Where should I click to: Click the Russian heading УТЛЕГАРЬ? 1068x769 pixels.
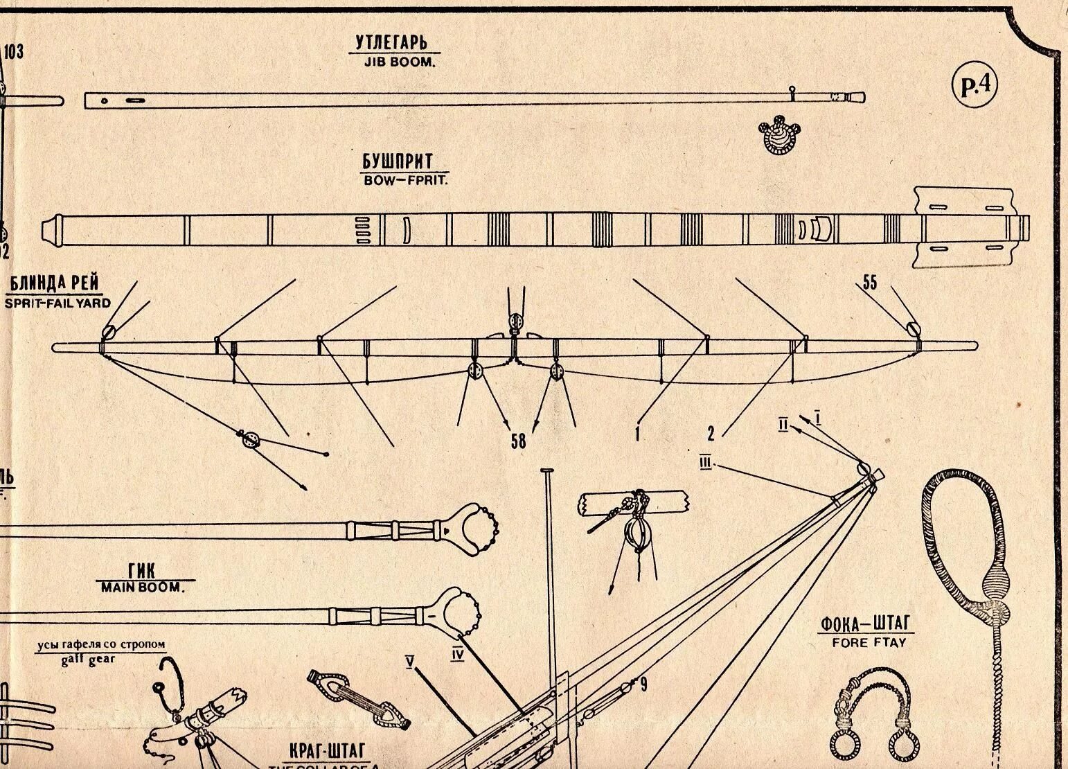click(398, 42)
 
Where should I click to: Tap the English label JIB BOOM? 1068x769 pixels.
click(398, 61)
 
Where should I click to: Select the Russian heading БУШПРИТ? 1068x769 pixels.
click(398, 162)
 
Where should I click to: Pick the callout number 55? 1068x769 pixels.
click(869, 282)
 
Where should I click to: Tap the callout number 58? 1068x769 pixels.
click(518, 441)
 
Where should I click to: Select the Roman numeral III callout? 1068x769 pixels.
click(706, 462)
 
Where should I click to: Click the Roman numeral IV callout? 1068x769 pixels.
click(457, 653)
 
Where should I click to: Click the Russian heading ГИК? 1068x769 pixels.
click(142, 571)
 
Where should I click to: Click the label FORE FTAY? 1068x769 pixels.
click(868, 642)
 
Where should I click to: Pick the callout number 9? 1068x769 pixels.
click(643, 685)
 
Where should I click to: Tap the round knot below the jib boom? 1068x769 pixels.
click(779, 136)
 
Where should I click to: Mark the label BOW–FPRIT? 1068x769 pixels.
click(405, 180)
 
